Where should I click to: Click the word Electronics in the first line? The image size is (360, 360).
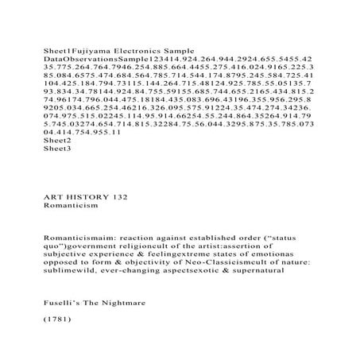point(148,49)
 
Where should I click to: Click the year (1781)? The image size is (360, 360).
point(57,322)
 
